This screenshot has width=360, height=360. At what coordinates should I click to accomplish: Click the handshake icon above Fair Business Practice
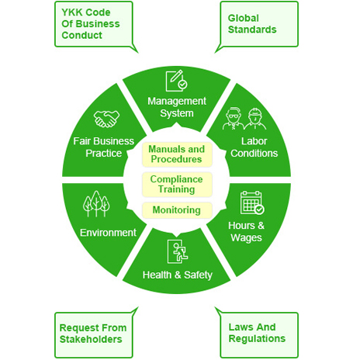point(106,119)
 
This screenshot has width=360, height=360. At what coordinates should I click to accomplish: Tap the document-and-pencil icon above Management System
point(177,81)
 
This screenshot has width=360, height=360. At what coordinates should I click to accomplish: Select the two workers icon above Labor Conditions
point(244,119)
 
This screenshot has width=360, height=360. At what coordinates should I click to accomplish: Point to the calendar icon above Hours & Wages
point(252,202)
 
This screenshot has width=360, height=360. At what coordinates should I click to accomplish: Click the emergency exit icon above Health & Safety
point(178,251)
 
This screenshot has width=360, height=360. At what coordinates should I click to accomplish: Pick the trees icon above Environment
point(96,204)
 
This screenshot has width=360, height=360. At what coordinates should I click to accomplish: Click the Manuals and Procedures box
point(177,154)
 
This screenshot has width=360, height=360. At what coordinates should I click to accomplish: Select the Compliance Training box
point(177,185)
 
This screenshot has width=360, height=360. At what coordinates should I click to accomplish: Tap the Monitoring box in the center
point(177,210)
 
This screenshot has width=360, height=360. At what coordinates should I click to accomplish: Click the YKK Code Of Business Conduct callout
point(94,24)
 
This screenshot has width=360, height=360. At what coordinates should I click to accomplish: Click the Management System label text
point(177,107)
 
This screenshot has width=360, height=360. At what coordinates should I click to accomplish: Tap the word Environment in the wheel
point(108,233)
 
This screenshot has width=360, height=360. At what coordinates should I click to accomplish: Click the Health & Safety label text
point(178,275)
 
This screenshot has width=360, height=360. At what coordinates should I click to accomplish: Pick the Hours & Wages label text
point(246,232)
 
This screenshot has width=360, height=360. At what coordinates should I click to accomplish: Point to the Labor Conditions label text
point(254,147)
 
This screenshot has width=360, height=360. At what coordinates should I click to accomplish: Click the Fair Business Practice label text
point(104,147)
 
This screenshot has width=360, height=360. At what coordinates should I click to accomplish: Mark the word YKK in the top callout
point(72,12)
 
